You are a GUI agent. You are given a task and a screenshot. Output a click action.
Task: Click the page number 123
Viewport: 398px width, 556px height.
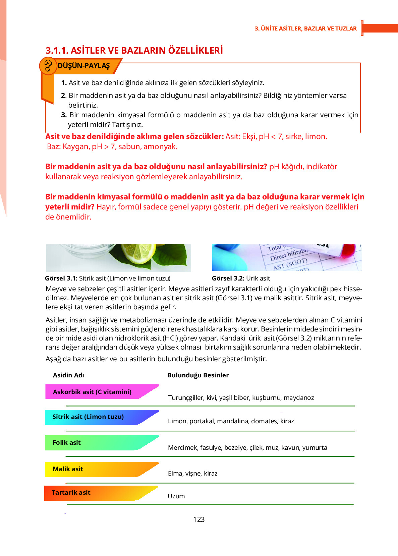(199, 519)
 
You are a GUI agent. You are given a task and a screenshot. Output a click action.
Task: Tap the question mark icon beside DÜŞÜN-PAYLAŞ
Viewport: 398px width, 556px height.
(48, 66)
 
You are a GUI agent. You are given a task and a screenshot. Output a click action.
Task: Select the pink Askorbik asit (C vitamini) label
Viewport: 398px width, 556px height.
(92, 392)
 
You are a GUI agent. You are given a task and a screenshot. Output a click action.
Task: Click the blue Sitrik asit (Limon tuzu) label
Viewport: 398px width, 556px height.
(88, 417)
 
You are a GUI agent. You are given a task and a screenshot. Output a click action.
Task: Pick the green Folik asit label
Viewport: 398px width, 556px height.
(67, 442)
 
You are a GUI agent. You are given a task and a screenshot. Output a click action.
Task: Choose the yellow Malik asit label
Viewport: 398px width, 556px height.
(68, 469)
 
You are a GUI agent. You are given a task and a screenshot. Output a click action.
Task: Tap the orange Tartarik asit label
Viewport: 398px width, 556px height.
(71, 492)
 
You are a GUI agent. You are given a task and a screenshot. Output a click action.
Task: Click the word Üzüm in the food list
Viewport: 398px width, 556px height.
(176, 496)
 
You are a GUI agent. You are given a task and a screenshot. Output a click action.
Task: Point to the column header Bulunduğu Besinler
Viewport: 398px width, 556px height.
(198, 375)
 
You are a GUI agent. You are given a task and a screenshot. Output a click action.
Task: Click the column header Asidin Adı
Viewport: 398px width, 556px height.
(68, 375)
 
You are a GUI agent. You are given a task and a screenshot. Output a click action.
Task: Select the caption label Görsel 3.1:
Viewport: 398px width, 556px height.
(61, 278)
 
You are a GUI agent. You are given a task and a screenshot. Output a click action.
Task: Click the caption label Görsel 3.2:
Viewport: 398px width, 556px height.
(228, 278)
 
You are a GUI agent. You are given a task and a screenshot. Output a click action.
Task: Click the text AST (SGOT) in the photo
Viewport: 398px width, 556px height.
(290, 264)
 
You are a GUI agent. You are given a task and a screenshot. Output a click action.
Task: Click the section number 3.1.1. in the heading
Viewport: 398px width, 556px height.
(57, 51)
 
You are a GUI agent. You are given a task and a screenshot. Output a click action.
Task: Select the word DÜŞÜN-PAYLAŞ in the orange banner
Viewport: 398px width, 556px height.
(84, 66)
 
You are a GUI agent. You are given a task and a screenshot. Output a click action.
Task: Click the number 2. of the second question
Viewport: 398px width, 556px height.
(64, 96)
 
